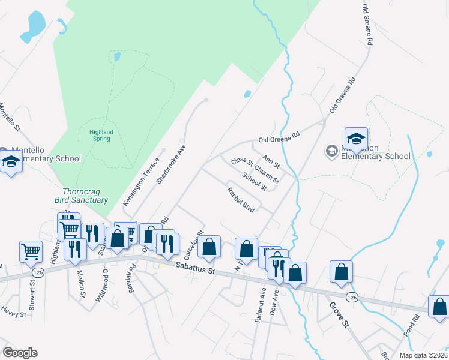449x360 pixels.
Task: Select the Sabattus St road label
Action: pos(195,271)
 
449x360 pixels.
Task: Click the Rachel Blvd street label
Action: pos(241,199)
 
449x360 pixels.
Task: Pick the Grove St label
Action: pos(338,314)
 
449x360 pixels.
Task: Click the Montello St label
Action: pos(10,117)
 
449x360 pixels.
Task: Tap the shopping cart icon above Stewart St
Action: pos(31,252)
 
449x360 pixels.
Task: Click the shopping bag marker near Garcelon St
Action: pos(209,247)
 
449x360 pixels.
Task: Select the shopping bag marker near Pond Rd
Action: pos(439,307)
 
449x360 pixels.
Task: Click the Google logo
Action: pos(20,353)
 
